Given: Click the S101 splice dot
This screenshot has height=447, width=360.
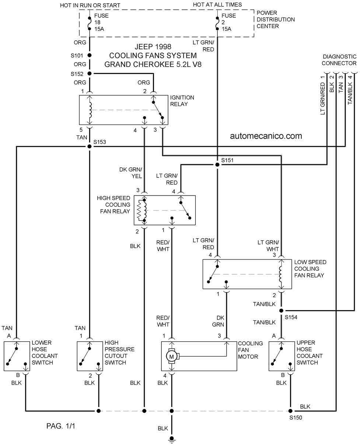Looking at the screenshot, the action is pyautogui.click(x=90, y=55).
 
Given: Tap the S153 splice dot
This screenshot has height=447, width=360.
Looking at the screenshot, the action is pyautogui.click(x=90, y=147).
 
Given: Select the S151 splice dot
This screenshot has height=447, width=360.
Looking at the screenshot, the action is pyautogui.click(x=217, y=165).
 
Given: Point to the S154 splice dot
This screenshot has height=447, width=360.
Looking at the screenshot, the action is pyautogui.click(x=281, y=311).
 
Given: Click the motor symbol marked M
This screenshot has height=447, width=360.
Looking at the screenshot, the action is pyautogui.click(x=172, y=357).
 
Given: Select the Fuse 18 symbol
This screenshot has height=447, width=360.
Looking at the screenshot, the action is pyautogui.click(x=90, y=24).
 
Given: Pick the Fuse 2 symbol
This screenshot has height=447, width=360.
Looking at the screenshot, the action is pyautogui.click(x=217, y=24).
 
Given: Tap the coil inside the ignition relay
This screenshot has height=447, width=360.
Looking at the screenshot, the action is pyautogui.click(x=90, y=110).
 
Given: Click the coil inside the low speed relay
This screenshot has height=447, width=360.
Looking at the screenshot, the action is pyautogui.click(x=281, y=274).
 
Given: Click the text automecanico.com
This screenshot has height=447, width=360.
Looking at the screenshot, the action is pyautogui.click(x=266, y=136).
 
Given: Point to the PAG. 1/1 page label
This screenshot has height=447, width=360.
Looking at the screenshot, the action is pyautogui.click(x=60, y=426).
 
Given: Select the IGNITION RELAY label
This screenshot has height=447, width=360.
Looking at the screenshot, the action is pyautogui.click(x=182, y=101).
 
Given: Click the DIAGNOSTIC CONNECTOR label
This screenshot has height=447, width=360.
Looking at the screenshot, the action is pyautogui.click(x=339, y=60).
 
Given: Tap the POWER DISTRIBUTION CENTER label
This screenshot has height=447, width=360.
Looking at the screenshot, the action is pyautogui.click(x=276, y=20).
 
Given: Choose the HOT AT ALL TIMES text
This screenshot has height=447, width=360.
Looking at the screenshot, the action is pyautogui.click(x=217, y=5).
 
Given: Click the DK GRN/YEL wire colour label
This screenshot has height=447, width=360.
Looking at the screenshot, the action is pyautogui.click(x=130, y=173).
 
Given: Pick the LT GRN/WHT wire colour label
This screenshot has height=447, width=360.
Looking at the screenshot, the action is pyautogui.click(x=268, y=246).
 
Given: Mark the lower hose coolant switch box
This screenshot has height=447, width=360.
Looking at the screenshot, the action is pyautogui.click(x=17, y=356).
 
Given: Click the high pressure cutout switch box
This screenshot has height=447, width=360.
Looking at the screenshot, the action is pyautogui.click(x=90, y=356).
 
